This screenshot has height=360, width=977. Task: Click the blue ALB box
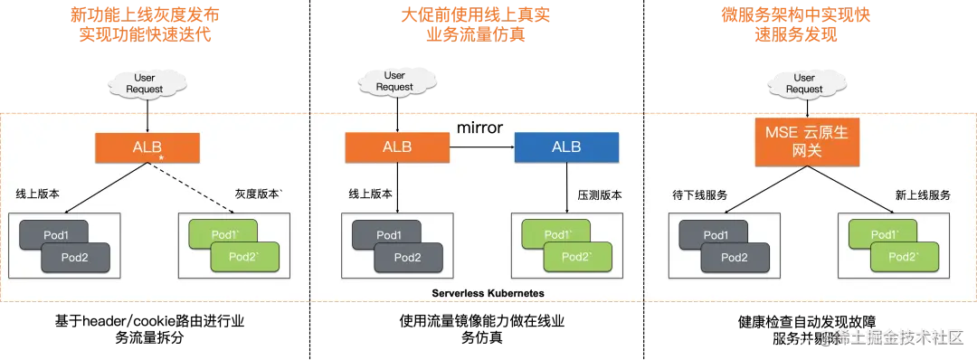[x=566, y=147]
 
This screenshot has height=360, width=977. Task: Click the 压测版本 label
[x=599, y=194]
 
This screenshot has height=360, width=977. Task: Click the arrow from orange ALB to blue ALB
[x=482, y=147]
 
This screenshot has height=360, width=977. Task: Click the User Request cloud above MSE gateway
[x=804, y=84]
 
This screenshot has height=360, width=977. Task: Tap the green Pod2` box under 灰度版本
[x=244, y=258]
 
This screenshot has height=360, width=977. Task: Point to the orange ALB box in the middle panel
[x=396, y=147]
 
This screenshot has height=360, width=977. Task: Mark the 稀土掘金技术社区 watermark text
[x=896, y=337]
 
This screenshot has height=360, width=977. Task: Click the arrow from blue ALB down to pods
[x=567, y=187]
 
